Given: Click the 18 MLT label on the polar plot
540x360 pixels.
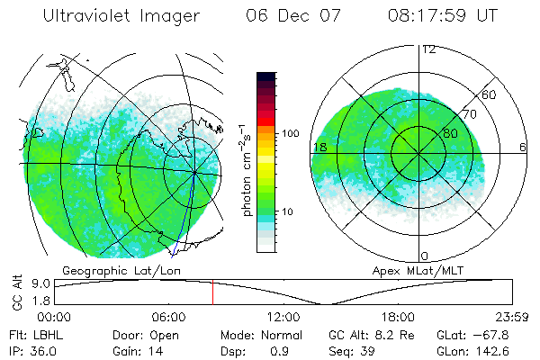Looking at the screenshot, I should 319,148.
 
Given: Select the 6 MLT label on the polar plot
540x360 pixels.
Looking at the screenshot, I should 523,148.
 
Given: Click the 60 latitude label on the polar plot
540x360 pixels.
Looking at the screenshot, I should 490,94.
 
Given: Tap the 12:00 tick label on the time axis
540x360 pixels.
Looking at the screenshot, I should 283,317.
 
